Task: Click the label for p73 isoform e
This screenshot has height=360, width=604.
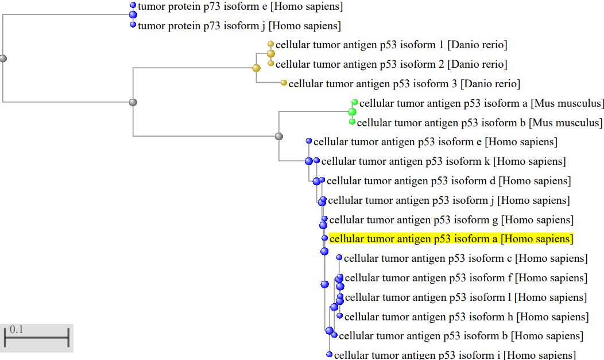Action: [241, 7]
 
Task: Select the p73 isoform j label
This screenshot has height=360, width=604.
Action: [239, 26]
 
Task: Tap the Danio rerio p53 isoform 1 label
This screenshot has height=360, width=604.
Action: [391, 45]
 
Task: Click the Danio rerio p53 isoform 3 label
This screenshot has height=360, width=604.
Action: [404, 84]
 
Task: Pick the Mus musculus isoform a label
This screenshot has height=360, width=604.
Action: [481, 103]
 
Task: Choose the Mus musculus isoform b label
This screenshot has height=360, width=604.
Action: [479, 123]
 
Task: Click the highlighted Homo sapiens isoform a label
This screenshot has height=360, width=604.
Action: [451, 239]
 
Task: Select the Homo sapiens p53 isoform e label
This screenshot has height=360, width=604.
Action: [435, 142]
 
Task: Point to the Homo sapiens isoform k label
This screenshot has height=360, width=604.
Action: [443, 161]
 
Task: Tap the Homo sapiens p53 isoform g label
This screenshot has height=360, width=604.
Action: [451, 220]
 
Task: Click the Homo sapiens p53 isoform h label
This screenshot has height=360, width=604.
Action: [466, 316]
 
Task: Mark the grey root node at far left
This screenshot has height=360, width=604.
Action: [3, 59]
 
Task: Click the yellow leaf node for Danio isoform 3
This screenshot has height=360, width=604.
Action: [284, 83]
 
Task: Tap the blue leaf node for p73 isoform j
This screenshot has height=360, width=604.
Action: [133, 25]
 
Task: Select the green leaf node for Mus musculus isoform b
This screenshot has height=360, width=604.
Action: [352, 122]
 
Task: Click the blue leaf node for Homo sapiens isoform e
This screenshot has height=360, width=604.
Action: [309, 141]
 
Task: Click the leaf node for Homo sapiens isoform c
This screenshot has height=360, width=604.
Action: [339, 258]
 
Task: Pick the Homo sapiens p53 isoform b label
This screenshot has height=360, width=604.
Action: [461, 336]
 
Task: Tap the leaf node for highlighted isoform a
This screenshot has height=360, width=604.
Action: [325, 238]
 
